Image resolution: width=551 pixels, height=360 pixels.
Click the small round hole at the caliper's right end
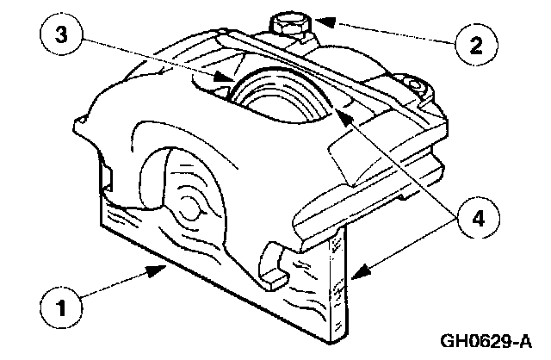click(x=417, y=87)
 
